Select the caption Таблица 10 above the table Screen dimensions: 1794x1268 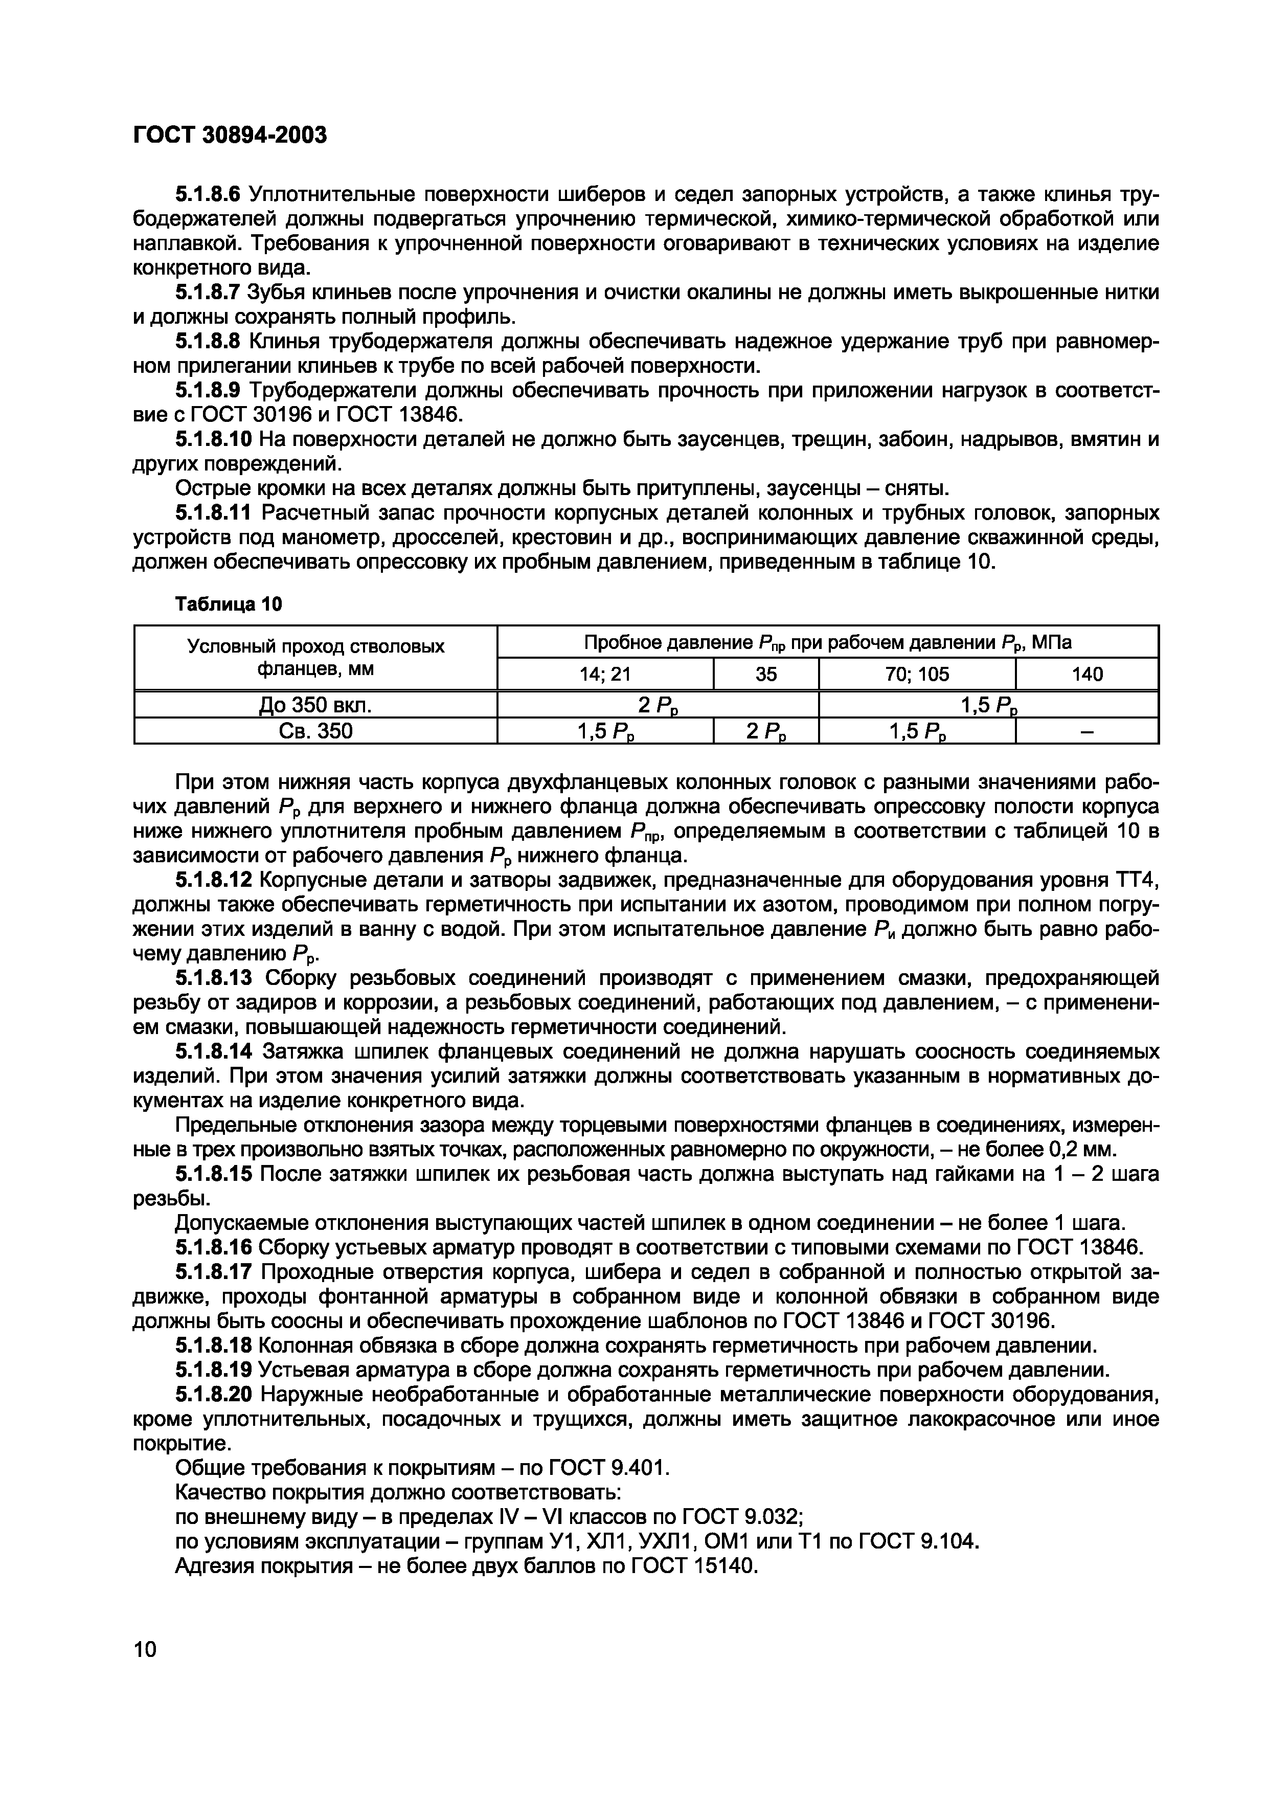pyautogui.click(x=228, y=604)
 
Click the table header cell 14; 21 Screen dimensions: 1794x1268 pyautogui.click(x=605, y=674)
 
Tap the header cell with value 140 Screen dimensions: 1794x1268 pyautogui.click(x=1086, y=674)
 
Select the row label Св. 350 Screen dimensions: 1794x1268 pyautogui.click(x=315, y=731)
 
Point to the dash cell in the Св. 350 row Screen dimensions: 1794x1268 pyautogui.click(x=1086, y=731)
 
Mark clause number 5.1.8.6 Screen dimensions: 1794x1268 pyautogui.click(x=207, y=194)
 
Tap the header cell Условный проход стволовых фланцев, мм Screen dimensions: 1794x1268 pyautogui.click(x=315, y=657)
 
